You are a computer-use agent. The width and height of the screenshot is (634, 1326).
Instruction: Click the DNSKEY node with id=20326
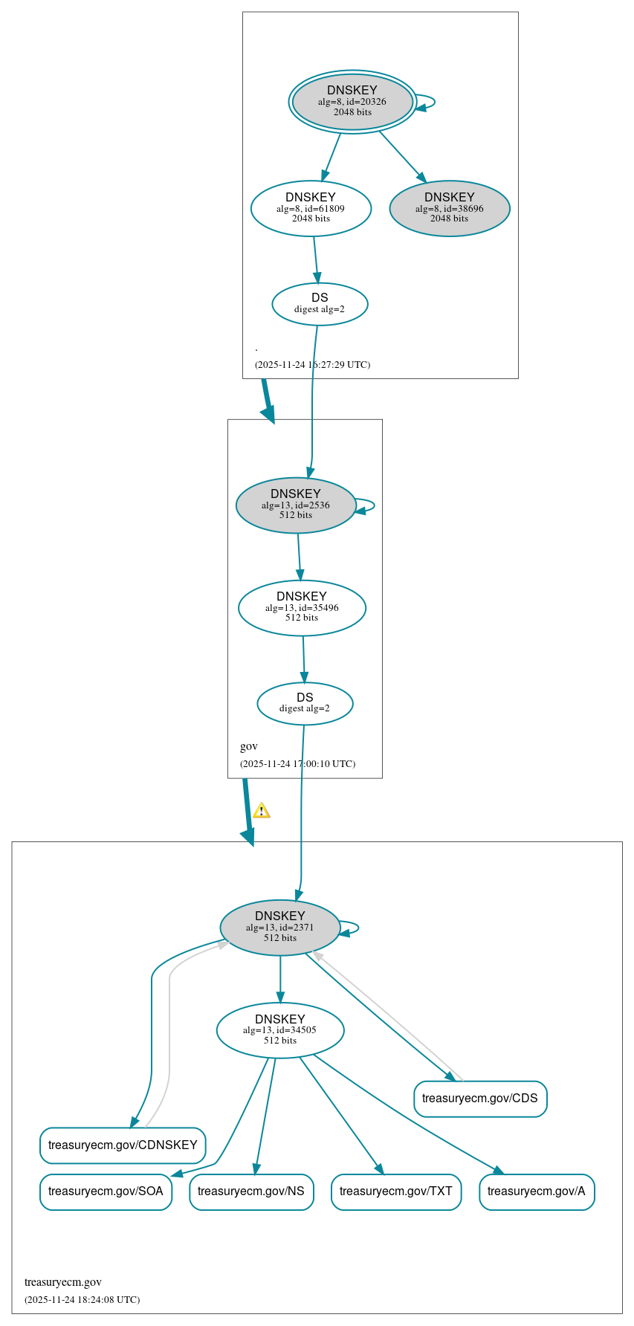point(352,102)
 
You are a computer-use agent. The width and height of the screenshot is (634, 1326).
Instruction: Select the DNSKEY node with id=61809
point(311,208)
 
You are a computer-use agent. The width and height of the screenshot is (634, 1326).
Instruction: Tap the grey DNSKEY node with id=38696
point(449,208)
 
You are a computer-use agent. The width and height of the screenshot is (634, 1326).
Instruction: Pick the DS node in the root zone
point(320,303)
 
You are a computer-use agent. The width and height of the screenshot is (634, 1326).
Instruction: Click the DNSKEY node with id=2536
point(296,505)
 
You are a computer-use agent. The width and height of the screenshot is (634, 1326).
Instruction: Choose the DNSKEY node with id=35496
point(302,607)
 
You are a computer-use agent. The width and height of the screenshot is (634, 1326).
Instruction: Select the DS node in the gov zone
point(305,702)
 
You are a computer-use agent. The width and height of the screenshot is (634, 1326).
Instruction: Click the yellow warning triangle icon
point(262,811)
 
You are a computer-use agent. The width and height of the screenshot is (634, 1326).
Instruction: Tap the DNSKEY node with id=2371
point(280,927)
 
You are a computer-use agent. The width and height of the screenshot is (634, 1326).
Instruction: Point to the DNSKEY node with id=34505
point(280,1029)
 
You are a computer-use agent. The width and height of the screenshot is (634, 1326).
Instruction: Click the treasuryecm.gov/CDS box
point(480,1099)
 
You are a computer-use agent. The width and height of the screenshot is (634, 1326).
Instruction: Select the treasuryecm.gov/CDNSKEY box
point(123,1145)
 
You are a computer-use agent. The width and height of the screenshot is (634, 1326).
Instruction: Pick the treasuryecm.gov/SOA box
point(106,1191)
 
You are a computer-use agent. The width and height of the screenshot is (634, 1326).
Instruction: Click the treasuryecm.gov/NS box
point(251,1191)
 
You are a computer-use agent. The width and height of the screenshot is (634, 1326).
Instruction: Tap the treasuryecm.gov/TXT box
point(396,1191)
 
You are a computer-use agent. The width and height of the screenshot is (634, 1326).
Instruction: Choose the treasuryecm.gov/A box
point(537,1191)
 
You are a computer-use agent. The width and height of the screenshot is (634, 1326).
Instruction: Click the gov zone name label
point(249,746)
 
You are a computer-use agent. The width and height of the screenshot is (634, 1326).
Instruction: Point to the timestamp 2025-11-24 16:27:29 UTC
point(312,364)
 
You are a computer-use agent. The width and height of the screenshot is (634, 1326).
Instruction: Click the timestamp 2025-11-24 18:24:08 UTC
point(82,1299)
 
